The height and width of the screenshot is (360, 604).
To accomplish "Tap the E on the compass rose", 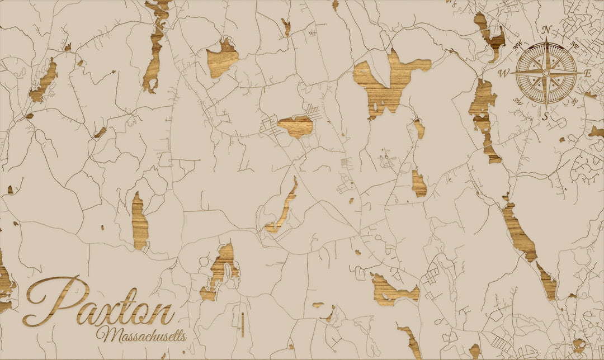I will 587,73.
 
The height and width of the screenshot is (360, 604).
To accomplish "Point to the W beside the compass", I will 503,73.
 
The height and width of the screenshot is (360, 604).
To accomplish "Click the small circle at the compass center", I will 547,72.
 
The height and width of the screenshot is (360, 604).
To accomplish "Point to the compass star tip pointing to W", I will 511,73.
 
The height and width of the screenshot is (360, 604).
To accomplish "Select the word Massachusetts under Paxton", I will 141,335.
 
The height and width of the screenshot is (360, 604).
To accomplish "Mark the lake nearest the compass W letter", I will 482,109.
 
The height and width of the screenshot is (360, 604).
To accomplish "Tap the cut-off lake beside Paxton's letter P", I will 6,285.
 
